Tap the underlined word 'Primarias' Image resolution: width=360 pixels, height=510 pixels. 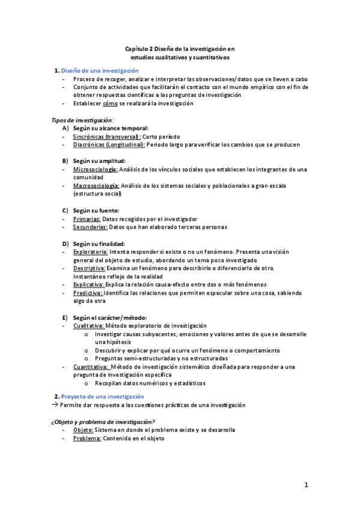coord(87,219)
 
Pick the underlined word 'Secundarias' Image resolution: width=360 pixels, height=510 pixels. coord(90,227)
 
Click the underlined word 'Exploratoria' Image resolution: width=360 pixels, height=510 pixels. coord(91,251)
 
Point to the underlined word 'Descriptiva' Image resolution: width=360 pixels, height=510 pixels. coord(90,268)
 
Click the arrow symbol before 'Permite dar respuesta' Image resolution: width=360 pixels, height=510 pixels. coord(53,405)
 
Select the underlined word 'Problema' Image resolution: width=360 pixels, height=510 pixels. coord(87,438)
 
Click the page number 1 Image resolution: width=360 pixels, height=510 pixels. coord(306,484)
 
